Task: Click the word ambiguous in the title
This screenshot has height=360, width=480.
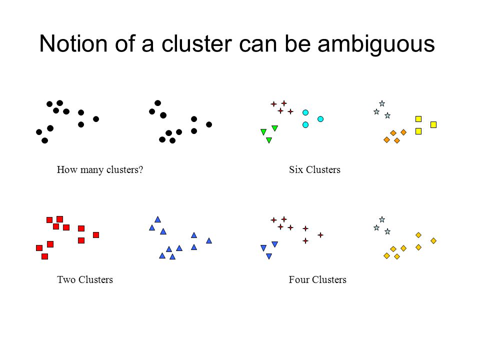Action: pos(376,44)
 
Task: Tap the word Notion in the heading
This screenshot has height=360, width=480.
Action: pos(73,43)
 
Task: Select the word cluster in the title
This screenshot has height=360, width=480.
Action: pos(197,43)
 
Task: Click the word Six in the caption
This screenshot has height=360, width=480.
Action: pos(296,169)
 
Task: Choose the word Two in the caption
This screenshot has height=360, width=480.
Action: pos(66,279)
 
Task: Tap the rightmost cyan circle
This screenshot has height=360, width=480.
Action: pos(320,119)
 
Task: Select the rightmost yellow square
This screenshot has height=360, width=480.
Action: pos(433,124)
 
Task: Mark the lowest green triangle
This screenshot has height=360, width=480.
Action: pos(269,140)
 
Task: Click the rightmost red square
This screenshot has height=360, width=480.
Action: pos(96,235)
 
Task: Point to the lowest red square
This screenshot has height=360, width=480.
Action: pos(44,256)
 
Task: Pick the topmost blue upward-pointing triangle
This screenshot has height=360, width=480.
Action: pos(157,219)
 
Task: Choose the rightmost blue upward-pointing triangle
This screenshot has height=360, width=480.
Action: pos(209,240)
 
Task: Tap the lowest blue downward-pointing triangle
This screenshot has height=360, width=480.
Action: pos(269,256)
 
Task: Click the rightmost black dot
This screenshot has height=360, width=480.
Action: pos(209,124)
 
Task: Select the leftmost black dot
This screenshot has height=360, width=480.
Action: pos(39,132)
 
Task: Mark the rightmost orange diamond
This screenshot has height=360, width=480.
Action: pos(403,132)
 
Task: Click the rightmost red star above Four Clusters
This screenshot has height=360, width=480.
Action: pos(320,235)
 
